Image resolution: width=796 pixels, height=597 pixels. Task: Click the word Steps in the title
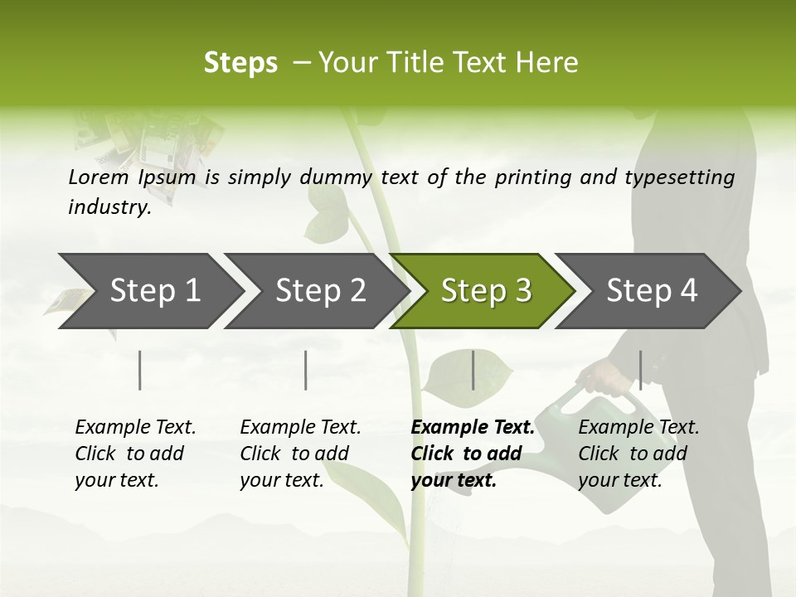coord(240,63)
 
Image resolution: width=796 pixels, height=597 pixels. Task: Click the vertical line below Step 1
coord(140,370)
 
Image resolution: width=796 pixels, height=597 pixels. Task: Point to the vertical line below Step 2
coord(306,370)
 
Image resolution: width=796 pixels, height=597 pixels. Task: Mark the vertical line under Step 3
coord(473,370)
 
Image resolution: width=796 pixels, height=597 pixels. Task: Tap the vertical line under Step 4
coord(640,370)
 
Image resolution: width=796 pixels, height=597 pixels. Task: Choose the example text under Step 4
coord(638,454)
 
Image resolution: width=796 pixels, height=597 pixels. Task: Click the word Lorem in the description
coord(98,177)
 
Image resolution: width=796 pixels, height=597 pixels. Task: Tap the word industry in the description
coord(109,207)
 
